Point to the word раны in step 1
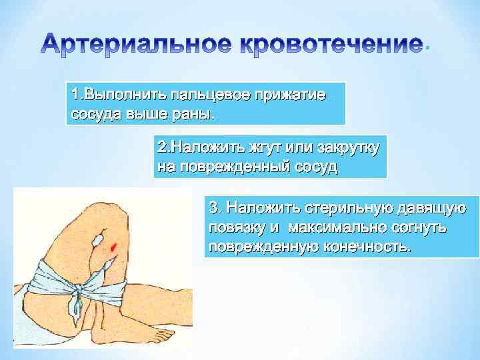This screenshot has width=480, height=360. pos(194,114)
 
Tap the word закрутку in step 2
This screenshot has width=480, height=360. pos(348,147)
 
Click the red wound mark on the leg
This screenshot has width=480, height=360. pos(114,247)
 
